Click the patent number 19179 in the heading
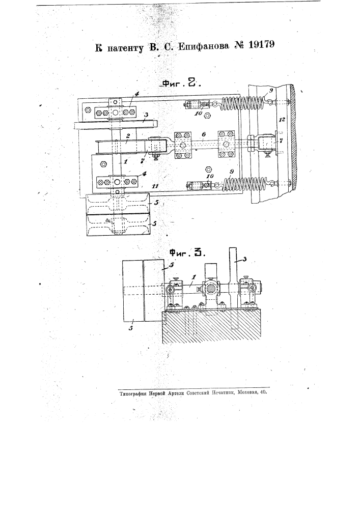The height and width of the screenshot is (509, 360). click(x=262, y=44)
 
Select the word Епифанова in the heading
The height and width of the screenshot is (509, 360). click(x=204, y=46)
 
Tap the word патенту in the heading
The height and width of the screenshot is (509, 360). click(x=125, y=48)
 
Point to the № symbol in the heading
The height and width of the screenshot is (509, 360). click(x=239, y=45)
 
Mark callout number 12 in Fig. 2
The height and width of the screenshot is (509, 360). click(x=282, y=120)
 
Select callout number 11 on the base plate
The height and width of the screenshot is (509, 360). click(x=155, y=186)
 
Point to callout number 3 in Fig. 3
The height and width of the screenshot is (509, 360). click(x=244, y=259)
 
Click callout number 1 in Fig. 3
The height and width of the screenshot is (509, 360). click(x=193, y=277)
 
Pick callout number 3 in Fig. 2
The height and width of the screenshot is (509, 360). click(x=146, y=115)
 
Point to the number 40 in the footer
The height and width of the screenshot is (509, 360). click(x=263, y=392)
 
